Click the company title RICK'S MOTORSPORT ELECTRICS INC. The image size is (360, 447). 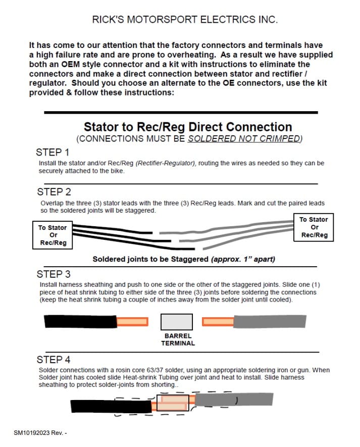click(185, 20)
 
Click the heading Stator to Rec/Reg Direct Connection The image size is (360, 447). click(188, 127)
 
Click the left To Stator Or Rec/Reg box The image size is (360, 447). click(53, 235)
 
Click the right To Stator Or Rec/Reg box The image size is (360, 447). click(314, 227)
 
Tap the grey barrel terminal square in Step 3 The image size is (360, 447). click(176, 322)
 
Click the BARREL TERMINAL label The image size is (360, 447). click(178, 339)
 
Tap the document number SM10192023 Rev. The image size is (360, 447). click(40, 433)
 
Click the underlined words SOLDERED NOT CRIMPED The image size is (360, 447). click(245, 138)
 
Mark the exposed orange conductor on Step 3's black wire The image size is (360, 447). click(132, 321)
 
